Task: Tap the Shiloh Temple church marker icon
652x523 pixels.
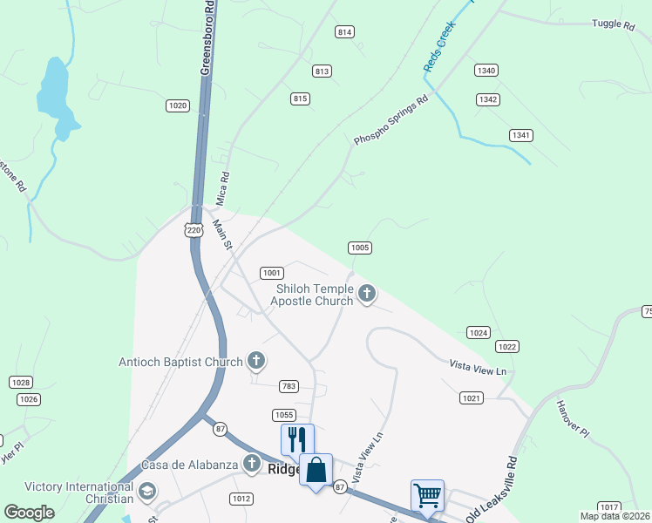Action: [367, 294]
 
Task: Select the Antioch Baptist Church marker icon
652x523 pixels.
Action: [256, 360]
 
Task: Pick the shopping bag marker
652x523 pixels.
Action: [316, 471]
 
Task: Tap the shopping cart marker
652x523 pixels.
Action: [427, 495]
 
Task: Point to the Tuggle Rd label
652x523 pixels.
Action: [613, 24]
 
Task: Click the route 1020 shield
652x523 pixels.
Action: [177, 105]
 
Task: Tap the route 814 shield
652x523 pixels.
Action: [344, 32]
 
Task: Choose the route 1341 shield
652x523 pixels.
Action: [521, 135]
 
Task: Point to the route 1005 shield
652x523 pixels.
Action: [360, 248]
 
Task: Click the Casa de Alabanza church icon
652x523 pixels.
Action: [252, 465]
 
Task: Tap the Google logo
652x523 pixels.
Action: [30, 513]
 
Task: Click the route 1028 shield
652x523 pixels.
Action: [21, 383]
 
